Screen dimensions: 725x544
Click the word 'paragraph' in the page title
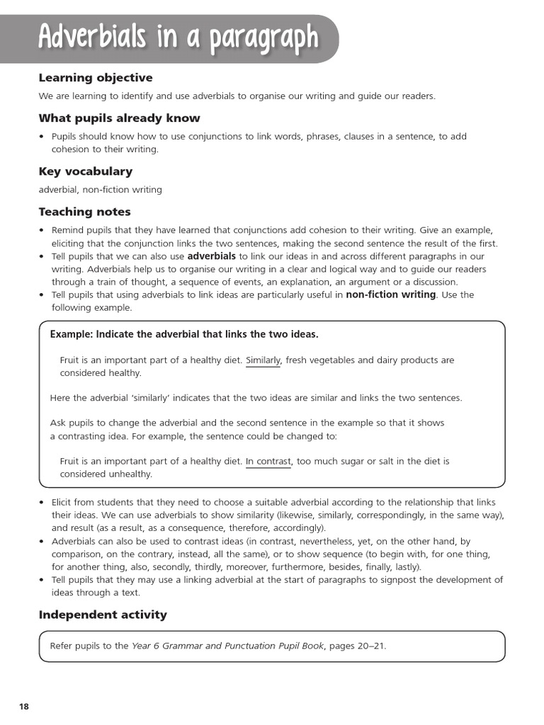pos(263,38)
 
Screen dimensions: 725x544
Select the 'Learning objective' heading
pos(95,78)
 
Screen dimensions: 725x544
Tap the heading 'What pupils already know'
pos(119,118)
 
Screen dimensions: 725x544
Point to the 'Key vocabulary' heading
pos(85,171)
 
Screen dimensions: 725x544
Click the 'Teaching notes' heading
pos(84,212)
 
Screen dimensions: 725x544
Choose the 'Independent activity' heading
pos(103,615)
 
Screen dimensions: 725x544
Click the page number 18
pos(24,707)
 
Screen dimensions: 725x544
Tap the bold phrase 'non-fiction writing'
pos(390,295)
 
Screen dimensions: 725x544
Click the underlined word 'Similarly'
pos(263,360)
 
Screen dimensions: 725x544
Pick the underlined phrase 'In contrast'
pos(268,462)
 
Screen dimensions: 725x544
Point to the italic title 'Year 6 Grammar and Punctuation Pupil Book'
pos(227,646)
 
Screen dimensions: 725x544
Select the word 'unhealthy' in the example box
pos(129,474)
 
